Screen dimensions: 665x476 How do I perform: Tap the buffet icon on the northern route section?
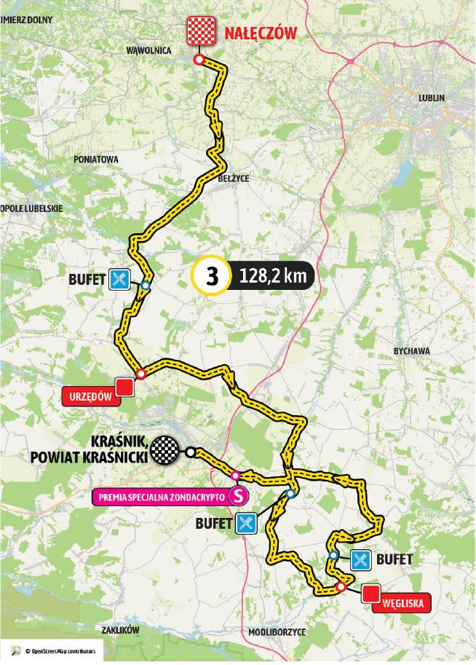(x=120, y=278)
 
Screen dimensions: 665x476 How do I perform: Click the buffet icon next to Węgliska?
(x=362, y=559)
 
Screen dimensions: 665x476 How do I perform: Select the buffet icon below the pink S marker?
(x=245, y=522)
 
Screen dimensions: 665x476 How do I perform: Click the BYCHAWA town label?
(x=411, y=351)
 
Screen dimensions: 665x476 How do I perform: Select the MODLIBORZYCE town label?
(x=277, y=631)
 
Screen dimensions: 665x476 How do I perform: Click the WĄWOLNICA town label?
(x=148, y=51)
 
